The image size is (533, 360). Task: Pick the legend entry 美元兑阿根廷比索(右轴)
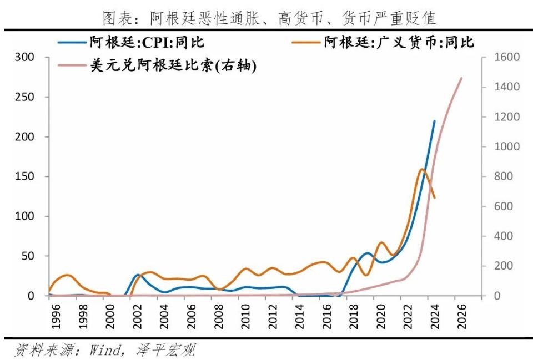coord(173,66)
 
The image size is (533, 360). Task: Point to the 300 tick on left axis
coord(26,57)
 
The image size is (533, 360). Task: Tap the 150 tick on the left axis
coord(26,176)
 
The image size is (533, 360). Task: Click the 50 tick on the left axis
coord(28,256)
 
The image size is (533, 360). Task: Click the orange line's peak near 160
coord(422,169)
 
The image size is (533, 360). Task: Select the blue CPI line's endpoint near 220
coord(434,120)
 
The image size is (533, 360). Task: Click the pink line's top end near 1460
coord(461,78)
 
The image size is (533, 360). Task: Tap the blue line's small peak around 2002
coord(138,275)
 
